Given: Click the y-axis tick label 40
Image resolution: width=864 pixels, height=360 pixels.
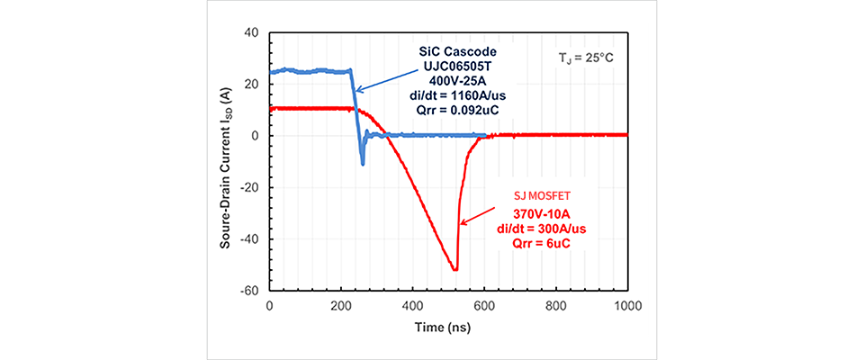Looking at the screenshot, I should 252,32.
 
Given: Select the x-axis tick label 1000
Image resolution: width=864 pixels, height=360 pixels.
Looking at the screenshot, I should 628,307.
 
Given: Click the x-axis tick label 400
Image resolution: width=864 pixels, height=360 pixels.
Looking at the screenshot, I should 413,307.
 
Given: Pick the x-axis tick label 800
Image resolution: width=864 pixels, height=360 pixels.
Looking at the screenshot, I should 557,307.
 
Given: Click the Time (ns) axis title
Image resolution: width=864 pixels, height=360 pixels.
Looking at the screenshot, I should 447,329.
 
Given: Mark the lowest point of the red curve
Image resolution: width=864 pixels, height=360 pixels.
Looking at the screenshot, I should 455,270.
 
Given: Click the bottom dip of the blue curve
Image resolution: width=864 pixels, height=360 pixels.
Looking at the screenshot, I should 363,164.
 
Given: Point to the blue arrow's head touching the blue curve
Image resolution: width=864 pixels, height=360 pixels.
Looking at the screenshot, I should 355,91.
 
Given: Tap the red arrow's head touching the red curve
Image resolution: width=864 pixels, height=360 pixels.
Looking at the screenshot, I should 461,223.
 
